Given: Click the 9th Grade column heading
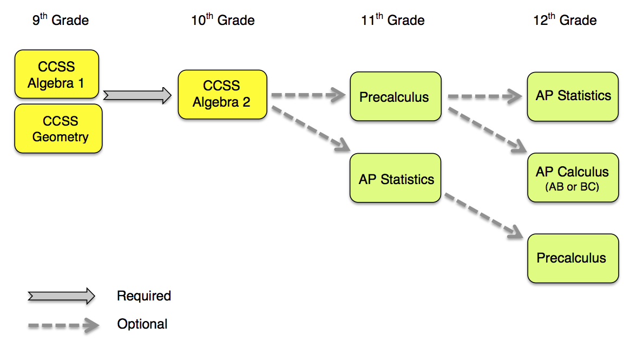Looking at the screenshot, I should pos(60,21).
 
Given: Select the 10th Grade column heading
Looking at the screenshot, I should pos(222,21).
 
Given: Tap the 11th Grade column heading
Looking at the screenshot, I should pos(392,21).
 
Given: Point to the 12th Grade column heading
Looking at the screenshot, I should pos(565,21).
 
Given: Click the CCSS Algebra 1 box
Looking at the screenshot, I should pos(57,75).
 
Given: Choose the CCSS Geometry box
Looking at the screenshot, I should pos(58,129).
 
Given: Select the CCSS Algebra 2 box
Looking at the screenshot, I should pos(222,94).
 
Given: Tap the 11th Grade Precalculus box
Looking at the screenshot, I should pos(395,97).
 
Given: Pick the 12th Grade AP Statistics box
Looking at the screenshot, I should pos(573,96).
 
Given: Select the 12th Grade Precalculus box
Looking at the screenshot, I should pos(573,258).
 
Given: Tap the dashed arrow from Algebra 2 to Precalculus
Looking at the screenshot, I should pos(307,96).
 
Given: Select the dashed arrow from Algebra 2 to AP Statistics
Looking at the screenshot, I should pos(309,128).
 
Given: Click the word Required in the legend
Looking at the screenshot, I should pos(144,296).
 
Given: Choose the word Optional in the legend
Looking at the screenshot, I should pos(142,324).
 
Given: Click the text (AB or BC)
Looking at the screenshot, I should pos(572,187).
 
